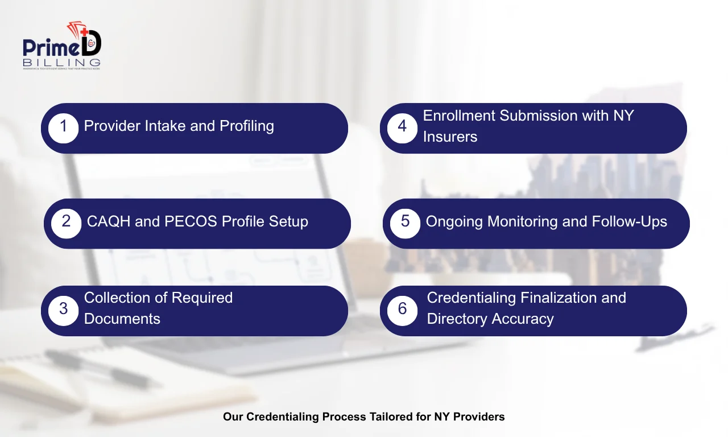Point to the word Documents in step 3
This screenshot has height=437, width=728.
[122, 319]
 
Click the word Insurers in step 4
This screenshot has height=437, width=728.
[450, 137]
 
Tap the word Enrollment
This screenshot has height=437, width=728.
[459, 116]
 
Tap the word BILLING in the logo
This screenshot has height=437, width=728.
[62, 61]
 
